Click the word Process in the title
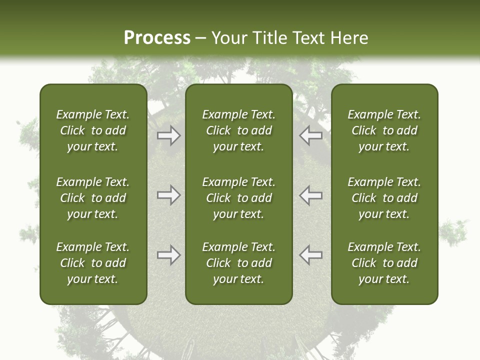157,38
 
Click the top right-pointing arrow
168,135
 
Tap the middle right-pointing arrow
168,195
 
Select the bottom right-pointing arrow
168,255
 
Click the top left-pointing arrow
311,135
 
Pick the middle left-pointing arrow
311,195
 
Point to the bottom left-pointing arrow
311,255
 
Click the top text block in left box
93,130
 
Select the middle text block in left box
93,198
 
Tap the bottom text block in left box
93,263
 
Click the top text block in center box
238,130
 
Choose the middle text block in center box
238,198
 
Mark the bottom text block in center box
238,263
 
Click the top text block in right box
384,130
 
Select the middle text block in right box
384,198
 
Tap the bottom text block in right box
384,263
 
